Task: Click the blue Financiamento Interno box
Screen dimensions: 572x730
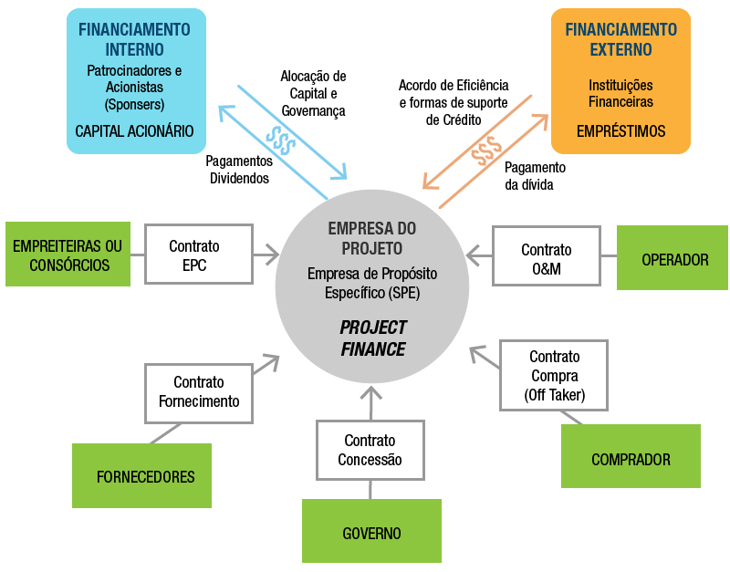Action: (135, 80)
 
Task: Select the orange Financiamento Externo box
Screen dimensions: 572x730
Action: (620, 80)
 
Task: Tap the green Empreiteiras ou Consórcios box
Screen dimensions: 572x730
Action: (68, 255)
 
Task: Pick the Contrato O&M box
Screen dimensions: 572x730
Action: (546, 259)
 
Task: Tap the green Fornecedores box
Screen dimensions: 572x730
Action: (141, 475)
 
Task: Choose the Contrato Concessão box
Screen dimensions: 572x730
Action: (370, 451)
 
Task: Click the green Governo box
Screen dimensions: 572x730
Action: (371, 531)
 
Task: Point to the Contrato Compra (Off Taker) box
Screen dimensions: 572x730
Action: (554, 375)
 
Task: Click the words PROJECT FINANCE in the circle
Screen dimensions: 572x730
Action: (372, 338)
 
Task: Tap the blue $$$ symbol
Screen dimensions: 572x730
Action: (281, 139)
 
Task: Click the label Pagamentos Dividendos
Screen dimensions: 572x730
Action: (239, 170)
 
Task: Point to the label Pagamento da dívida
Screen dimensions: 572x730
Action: (535, 176)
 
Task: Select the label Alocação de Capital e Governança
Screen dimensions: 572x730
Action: (313, 93)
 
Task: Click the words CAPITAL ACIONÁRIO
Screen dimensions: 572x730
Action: (135, 131)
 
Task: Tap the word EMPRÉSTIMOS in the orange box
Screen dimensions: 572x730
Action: (620, 131)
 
